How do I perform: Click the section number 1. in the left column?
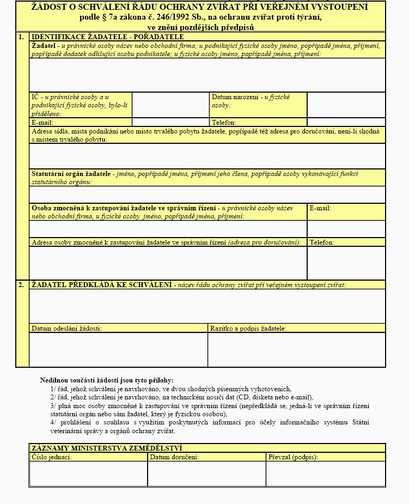[x=21, y=37]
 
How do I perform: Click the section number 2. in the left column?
[x=21, y=285]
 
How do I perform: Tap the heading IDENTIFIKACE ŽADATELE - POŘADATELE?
[x=108, y=37]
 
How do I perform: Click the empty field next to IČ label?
[x=170, y=105]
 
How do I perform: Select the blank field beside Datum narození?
[x=346, y=105]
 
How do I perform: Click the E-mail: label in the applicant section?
[x=42, y=123]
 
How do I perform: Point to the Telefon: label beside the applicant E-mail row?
[x=224, y=123]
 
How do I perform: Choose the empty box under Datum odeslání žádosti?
[x=118, y=349]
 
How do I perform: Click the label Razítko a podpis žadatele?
[x=248, y=329]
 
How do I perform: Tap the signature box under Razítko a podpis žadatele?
[x=296, y=349]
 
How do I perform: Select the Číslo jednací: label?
[x=52, y=457]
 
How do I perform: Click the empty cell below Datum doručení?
[x=206, y=473]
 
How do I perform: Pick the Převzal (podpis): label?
[x=293, y=457]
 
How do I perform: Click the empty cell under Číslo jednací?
[x=88, y=473]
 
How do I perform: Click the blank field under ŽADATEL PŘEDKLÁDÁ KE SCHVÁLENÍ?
[x=207, y=306]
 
